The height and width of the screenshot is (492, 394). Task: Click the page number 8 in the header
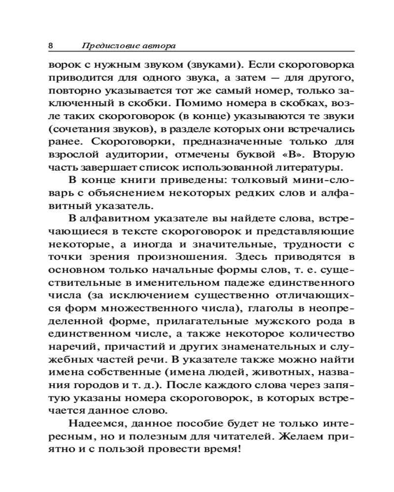(51, 46)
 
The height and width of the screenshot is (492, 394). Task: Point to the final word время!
(224, 449)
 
